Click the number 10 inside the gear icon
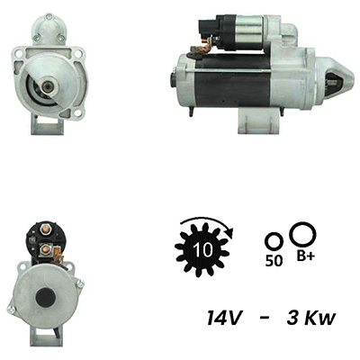[x=203, y=249]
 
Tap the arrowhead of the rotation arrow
[x=229, y=232]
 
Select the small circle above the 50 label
[x=274, y=241]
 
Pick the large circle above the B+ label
[x=302, y=235]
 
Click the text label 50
[x=274, y=261]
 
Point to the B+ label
[x=306, y=256]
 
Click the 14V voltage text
[x=224, y=318]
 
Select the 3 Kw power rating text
[x=311, y=318]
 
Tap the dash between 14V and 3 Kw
[x=264, y=318]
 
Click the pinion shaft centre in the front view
[x=47, y=86]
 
